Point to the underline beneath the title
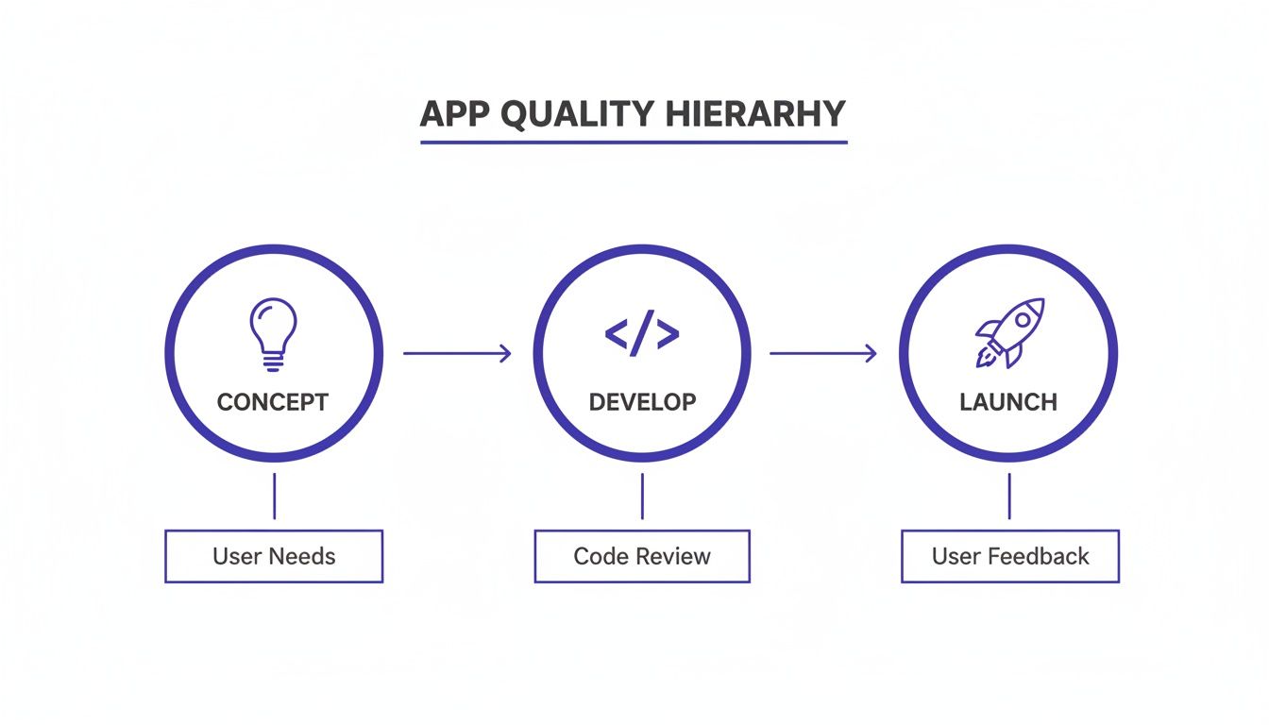click(634, 143)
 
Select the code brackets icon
click(641, 335)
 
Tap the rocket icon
click(1009, 333)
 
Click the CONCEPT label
click(273, 402)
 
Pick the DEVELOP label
click(642, 402)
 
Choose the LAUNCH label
click(1008, 402)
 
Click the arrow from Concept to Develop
click(457, 354)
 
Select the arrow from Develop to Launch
click(822, 354)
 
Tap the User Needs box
click(274, 556)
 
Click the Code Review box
click(642, 556)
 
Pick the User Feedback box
click(1010, 556)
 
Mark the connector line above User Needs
click(274, 496)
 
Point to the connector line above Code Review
click(642, 496)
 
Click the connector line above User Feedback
click(1009, 496)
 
